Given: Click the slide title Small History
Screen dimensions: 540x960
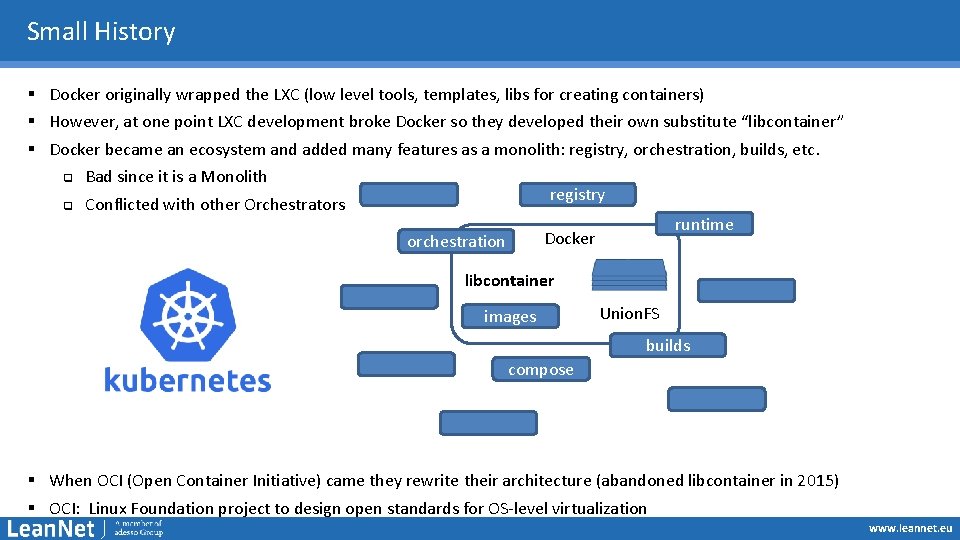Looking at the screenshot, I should [x=101, y=32].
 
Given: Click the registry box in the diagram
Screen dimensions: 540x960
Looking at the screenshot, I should [x=577, y=195].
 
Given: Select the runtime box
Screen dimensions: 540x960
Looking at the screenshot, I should [x=703, y=225].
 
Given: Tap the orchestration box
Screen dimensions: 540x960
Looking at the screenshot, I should [x=456, y=241].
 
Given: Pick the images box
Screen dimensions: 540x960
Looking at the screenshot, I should [x=510, y=317].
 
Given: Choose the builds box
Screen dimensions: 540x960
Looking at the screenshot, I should [x=668, y=345].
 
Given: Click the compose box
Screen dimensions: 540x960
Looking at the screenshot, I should [x=541, y=370].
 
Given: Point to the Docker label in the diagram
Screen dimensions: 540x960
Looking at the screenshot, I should [x=570, y=239].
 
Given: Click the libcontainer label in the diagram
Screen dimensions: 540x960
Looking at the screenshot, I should [x=509, y=281].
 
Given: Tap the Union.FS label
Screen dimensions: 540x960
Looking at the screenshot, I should [x=630, y=314].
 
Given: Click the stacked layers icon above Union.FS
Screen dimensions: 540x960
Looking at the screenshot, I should [x=629, y=275].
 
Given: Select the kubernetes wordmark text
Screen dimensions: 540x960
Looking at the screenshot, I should [x=187, y=381].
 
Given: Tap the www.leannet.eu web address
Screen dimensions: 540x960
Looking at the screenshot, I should [x=910, y=528].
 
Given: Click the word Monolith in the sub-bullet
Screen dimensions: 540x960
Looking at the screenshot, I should [x=234, y=177].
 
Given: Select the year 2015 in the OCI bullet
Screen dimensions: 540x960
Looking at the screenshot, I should [x=816, y=481].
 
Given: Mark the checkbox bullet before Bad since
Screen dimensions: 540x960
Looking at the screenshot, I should [x=67, y=178].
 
